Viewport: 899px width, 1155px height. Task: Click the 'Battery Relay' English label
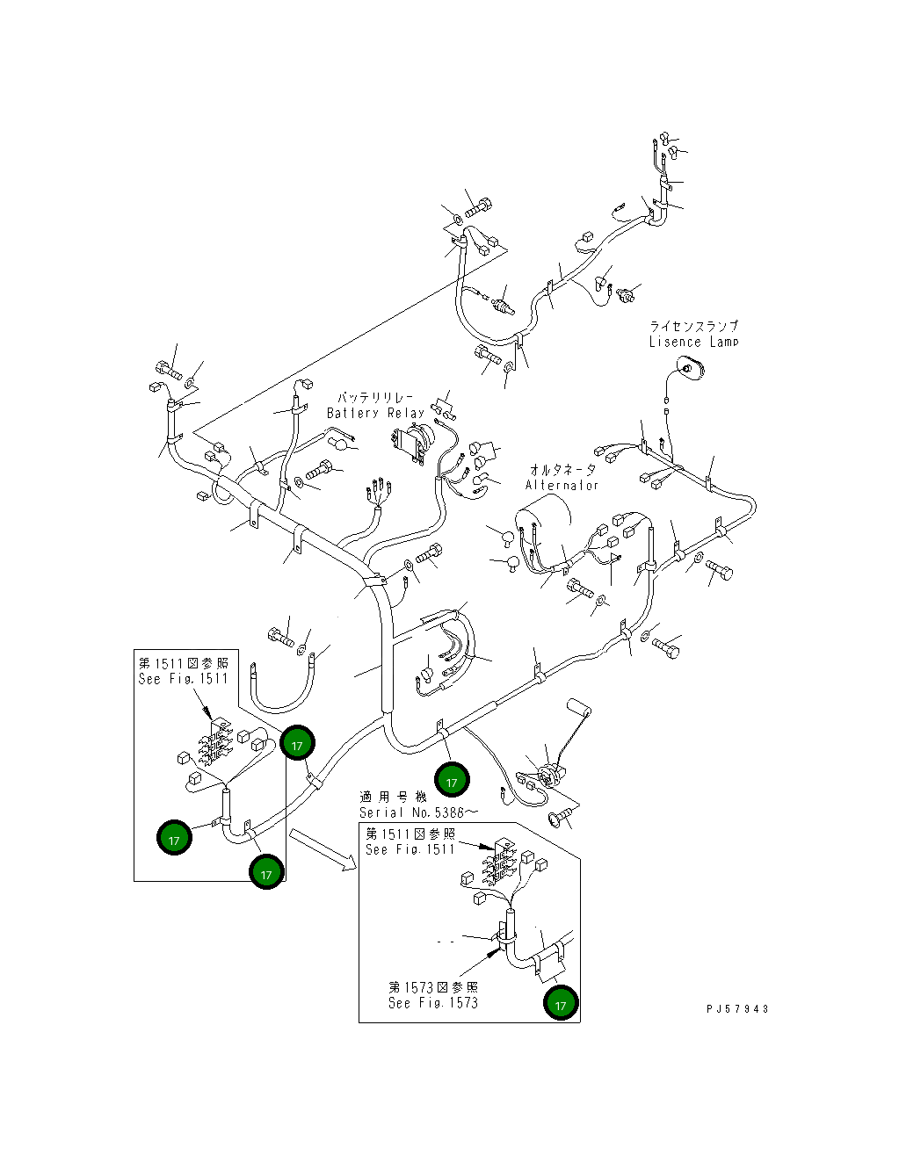[x=375, y=413]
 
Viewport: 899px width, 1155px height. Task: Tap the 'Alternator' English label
[x=562, y=485]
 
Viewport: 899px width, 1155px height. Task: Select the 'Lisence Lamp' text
[x=693, y=342]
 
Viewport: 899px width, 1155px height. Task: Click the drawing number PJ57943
[x=736, y=1008]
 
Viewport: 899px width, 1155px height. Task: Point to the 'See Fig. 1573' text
[x=433, y=1002]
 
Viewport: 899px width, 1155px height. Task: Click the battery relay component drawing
[x=413, y=440]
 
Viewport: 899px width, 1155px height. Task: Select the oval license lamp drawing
[x=690, y=367]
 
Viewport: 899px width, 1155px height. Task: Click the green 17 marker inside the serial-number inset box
[x=561, y=1002]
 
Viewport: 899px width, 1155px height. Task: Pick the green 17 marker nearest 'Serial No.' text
[x=452, y=781]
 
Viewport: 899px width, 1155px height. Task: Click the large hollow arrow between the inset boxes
[x=323, y=848]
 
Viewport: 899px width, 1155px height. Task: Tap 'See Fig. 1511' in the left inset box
[x=183, y=678]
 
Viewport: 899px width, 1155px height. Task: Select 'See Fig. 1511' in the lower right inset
[x=410, y=849]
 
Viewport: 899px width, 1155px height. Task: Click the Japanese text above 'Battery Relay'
[x=375, y=398]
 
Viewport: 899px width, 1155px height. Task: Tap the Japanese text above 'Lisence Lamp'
[x=693, y=326]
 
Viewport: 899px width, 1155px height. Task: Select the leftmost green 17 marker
[x=174, y=839]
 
